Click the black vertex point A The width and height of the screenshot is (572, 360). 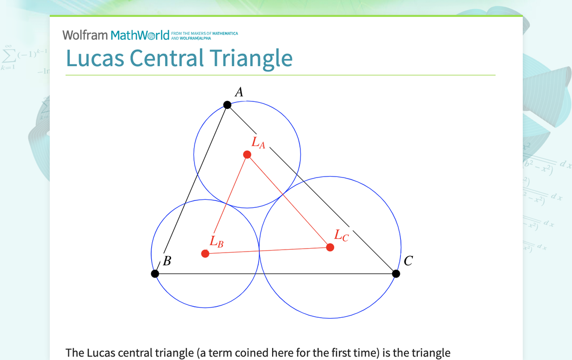tap(227, 104)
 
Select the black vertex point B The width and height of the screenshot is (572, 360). tap(155, 273)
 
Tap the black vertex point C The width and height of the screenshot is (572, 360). tap(396, 273)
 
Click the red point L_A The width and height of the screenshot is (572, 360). tap(247, 155)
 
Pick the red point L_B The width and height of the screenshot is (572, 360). tap(205, 254)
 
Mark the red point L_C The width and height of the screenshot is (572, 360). tap(330, 247)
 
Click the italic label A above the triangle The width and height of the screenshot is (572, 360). tap(239, 92)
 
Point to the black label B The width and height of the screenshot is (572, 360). tap(167, 261)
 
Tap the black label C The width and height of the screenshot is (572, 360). tap(408, 261)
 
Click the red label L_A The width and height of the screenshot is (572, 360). tap(258, 143)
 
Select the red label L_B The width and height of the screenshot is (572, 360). tap(216, 242)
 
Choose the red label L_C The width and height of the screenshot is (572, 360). tap(341, 235)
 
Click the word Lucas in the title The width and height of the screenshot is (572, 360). tap(95, 58)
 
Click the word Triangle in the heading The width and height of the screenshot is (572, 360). tap(251, 59)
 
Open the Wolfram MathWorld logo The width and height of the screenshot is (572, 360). tap(116, 35)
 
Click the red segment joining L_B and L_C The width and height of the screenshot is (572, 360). tap(268, 250)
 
